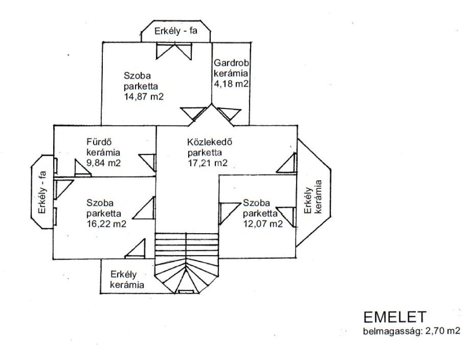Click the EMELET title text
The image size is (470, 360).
click(x=395, y=317)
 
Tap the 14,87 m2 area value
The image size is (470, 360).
click(x=144, y=96)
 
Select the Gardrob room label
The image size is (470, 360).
click(x=231, y=63)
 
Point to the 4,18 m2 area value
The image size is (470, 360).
click(x=231, y=84)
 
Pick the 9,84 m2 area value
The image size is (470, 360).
click(x=103, y=163)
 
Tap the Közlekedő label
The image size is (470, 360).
click(x=210, y=141)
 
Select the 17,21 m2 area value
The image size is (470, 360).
click(x=207, y=163)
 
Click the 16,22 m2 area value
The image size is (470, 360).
click(x=106, y=224)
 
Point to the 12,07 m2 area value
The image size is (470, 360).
click(x=263, y=224)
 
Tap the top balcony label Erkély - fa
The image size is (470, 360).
click(x=176, y=31)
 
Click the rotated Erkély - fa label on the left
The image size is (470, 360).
click(x=42, y=192)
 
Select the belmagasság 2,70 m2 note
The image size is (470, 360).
click(x=411, y=331)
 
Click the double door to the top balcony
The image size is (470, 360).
click(x=174, y=51)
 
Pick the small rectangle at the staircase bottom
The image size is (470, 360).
click(x=185, y=292)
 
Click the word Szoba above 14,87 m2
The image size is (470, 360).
click(x=137, y=75)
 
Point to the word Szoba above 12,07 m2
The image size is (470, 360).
click(x=256, y=203)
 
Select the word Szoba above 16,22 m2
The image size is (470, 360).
click(x=100, y=203)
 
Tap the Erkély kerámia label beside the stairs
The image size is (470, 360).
click(x=127, y=279)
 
